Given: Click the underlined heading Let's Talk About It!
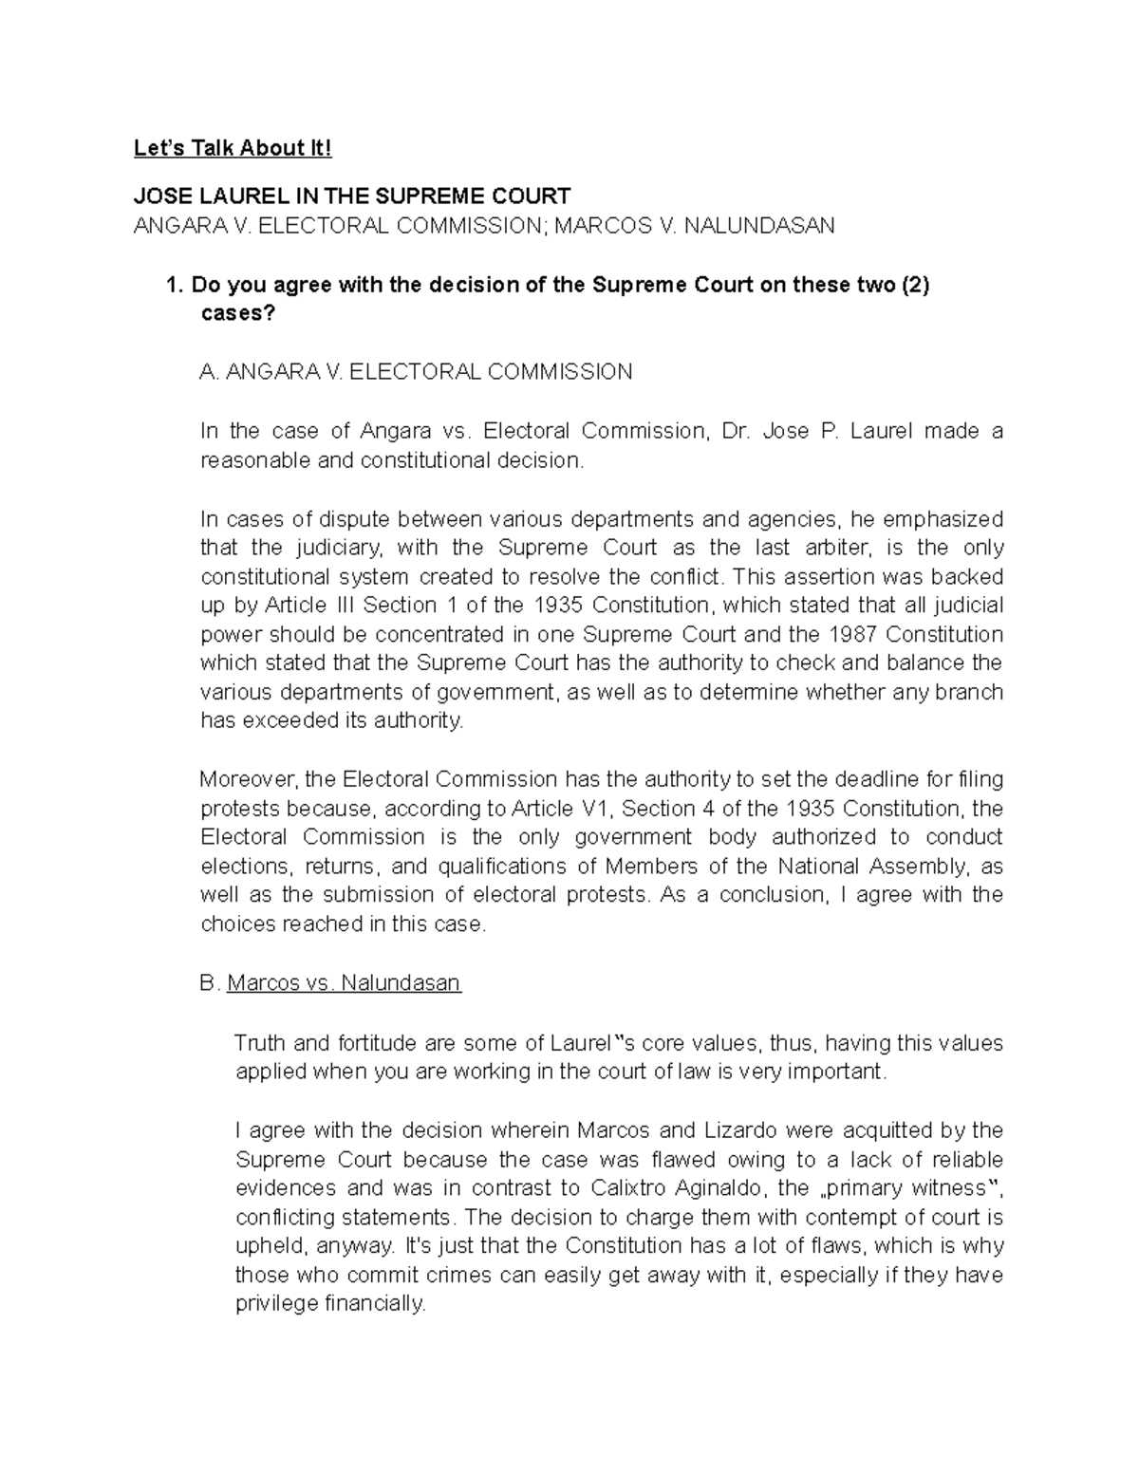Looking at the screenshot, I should tap(233, 148).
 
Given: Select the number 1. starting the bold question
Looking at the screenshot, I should tap(173, 285).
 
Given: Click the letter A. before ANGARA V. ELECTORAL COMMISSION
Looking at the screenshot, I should tap(210, 372).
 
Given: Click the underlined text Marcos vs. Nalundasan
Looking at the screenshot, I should tap(344, 983).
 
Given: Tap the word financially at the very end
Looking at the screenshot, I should tap(375, 1304).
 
